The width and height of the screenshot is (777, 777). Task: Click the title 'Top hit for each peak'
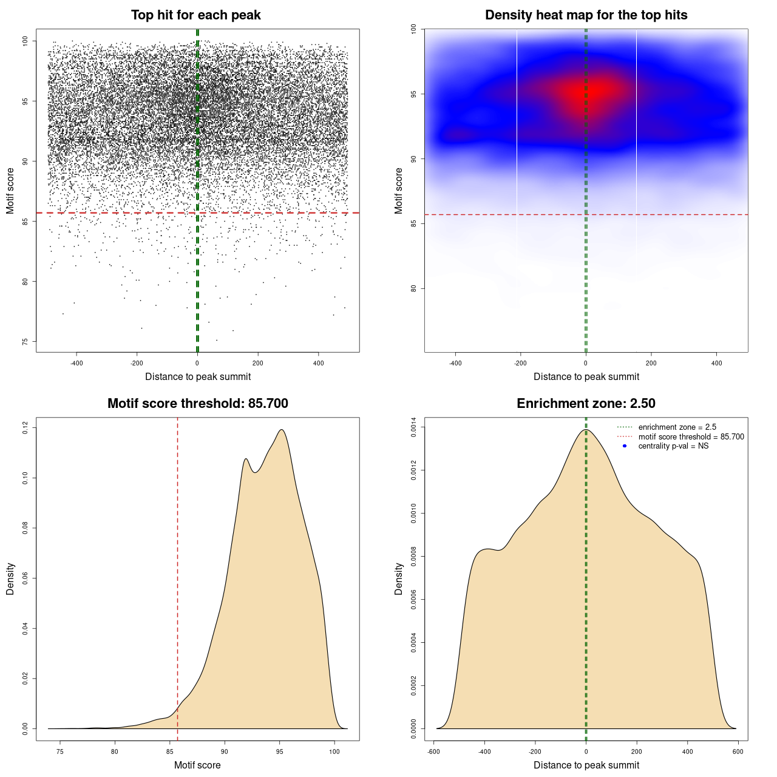196,15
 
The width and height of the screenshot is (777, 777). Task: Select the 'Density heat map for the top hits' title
586,15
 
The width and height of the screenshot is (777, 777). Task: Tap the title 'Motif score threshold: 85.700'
197,404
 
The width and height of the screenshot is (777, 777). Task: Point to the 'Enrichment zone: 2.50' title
586,404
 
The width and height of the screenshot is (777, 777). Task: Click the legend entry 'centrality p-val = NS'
673,446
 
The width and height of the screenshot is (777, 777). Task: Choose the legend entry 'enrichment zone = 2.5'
677,427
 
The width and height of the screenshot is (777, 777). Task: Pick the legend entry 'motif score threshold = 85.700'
691,437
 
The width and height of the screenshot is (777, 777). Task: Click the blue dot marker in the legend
625,446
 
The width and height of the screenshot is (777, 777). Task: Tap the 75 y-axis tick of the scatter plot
25,342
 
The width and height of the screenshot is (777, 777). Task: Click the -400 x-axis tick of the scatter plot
76,363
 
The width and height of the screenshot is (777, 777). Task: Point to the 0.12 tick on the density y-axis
25,429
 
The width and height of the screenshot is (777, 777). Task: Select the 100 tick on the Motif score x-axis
334,752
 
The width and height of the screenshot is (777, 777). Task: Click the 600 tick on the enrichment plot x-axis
738,752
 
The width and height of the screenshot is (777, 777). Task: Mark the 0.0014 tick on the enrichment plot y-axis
414,427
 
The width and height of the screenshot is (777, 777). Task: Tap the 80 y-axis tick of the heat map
414,288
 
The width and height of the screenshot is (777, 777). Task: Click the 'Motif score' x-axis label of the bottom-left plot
197,765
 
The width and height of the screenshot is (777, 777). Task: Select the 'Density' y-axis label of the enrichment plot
399,579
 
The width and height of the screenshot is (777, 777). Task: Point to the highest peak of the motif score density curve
281,430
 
